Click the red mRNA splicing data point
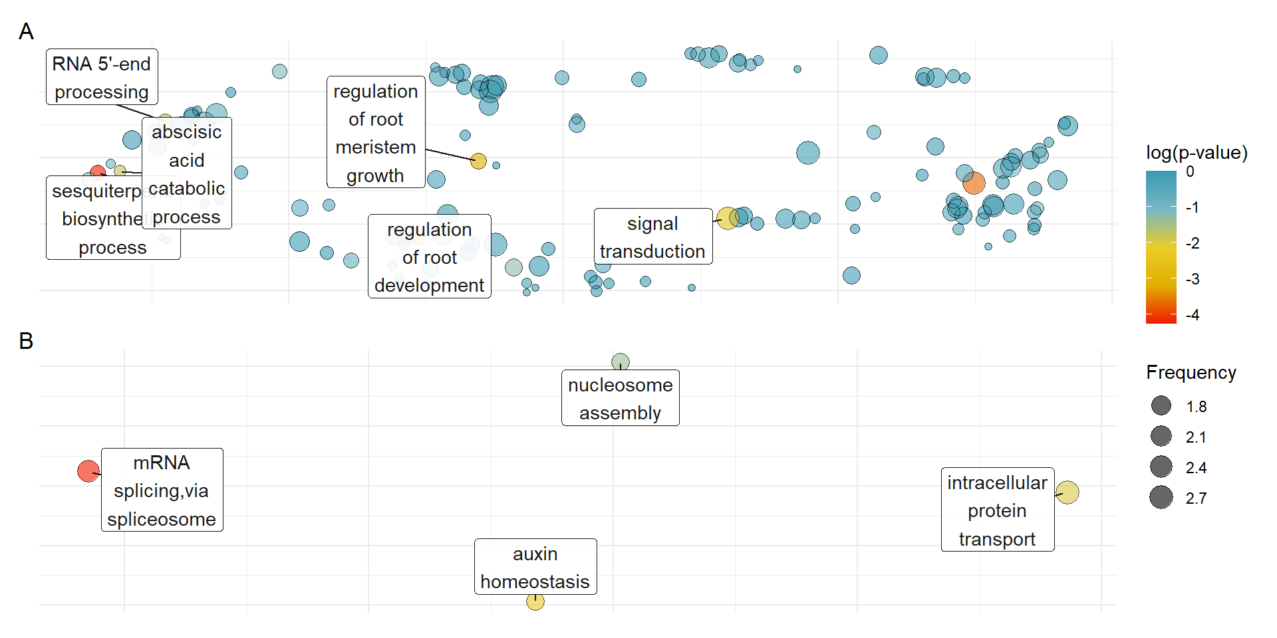tap(88, 471)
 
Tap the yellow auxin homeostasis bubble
tap(535, 601)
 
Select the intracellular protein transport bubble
tap(1067, 492)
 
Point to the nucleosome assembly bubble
tap(621, 362)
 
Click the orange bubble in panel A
tap(974, 183)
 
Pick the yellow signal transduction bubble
tap(727, 218)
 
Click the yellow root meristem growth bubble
tap(478, 161)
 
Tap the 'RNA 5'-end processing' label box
tap(102, 77)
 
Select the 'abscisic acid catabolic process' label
tap(187, 173)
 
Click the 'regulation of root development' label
tap(430, 257)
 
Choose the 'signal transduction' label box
tap(652, 237)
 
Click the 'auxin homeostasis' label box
tap(535, 567)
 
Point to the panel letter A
tap(26, 31)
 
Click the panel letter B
tap(26, 341)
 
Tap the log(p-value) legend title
tap(1197, 153)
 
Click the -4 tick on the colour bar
tap(1193, 315)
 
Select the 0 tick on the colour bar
tap(1190, 171)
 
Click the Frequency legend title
tap(1191, 373)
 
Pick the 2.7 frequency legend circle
tap(1161, 497)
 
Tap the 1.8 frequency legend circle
tap(1161, 405)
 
